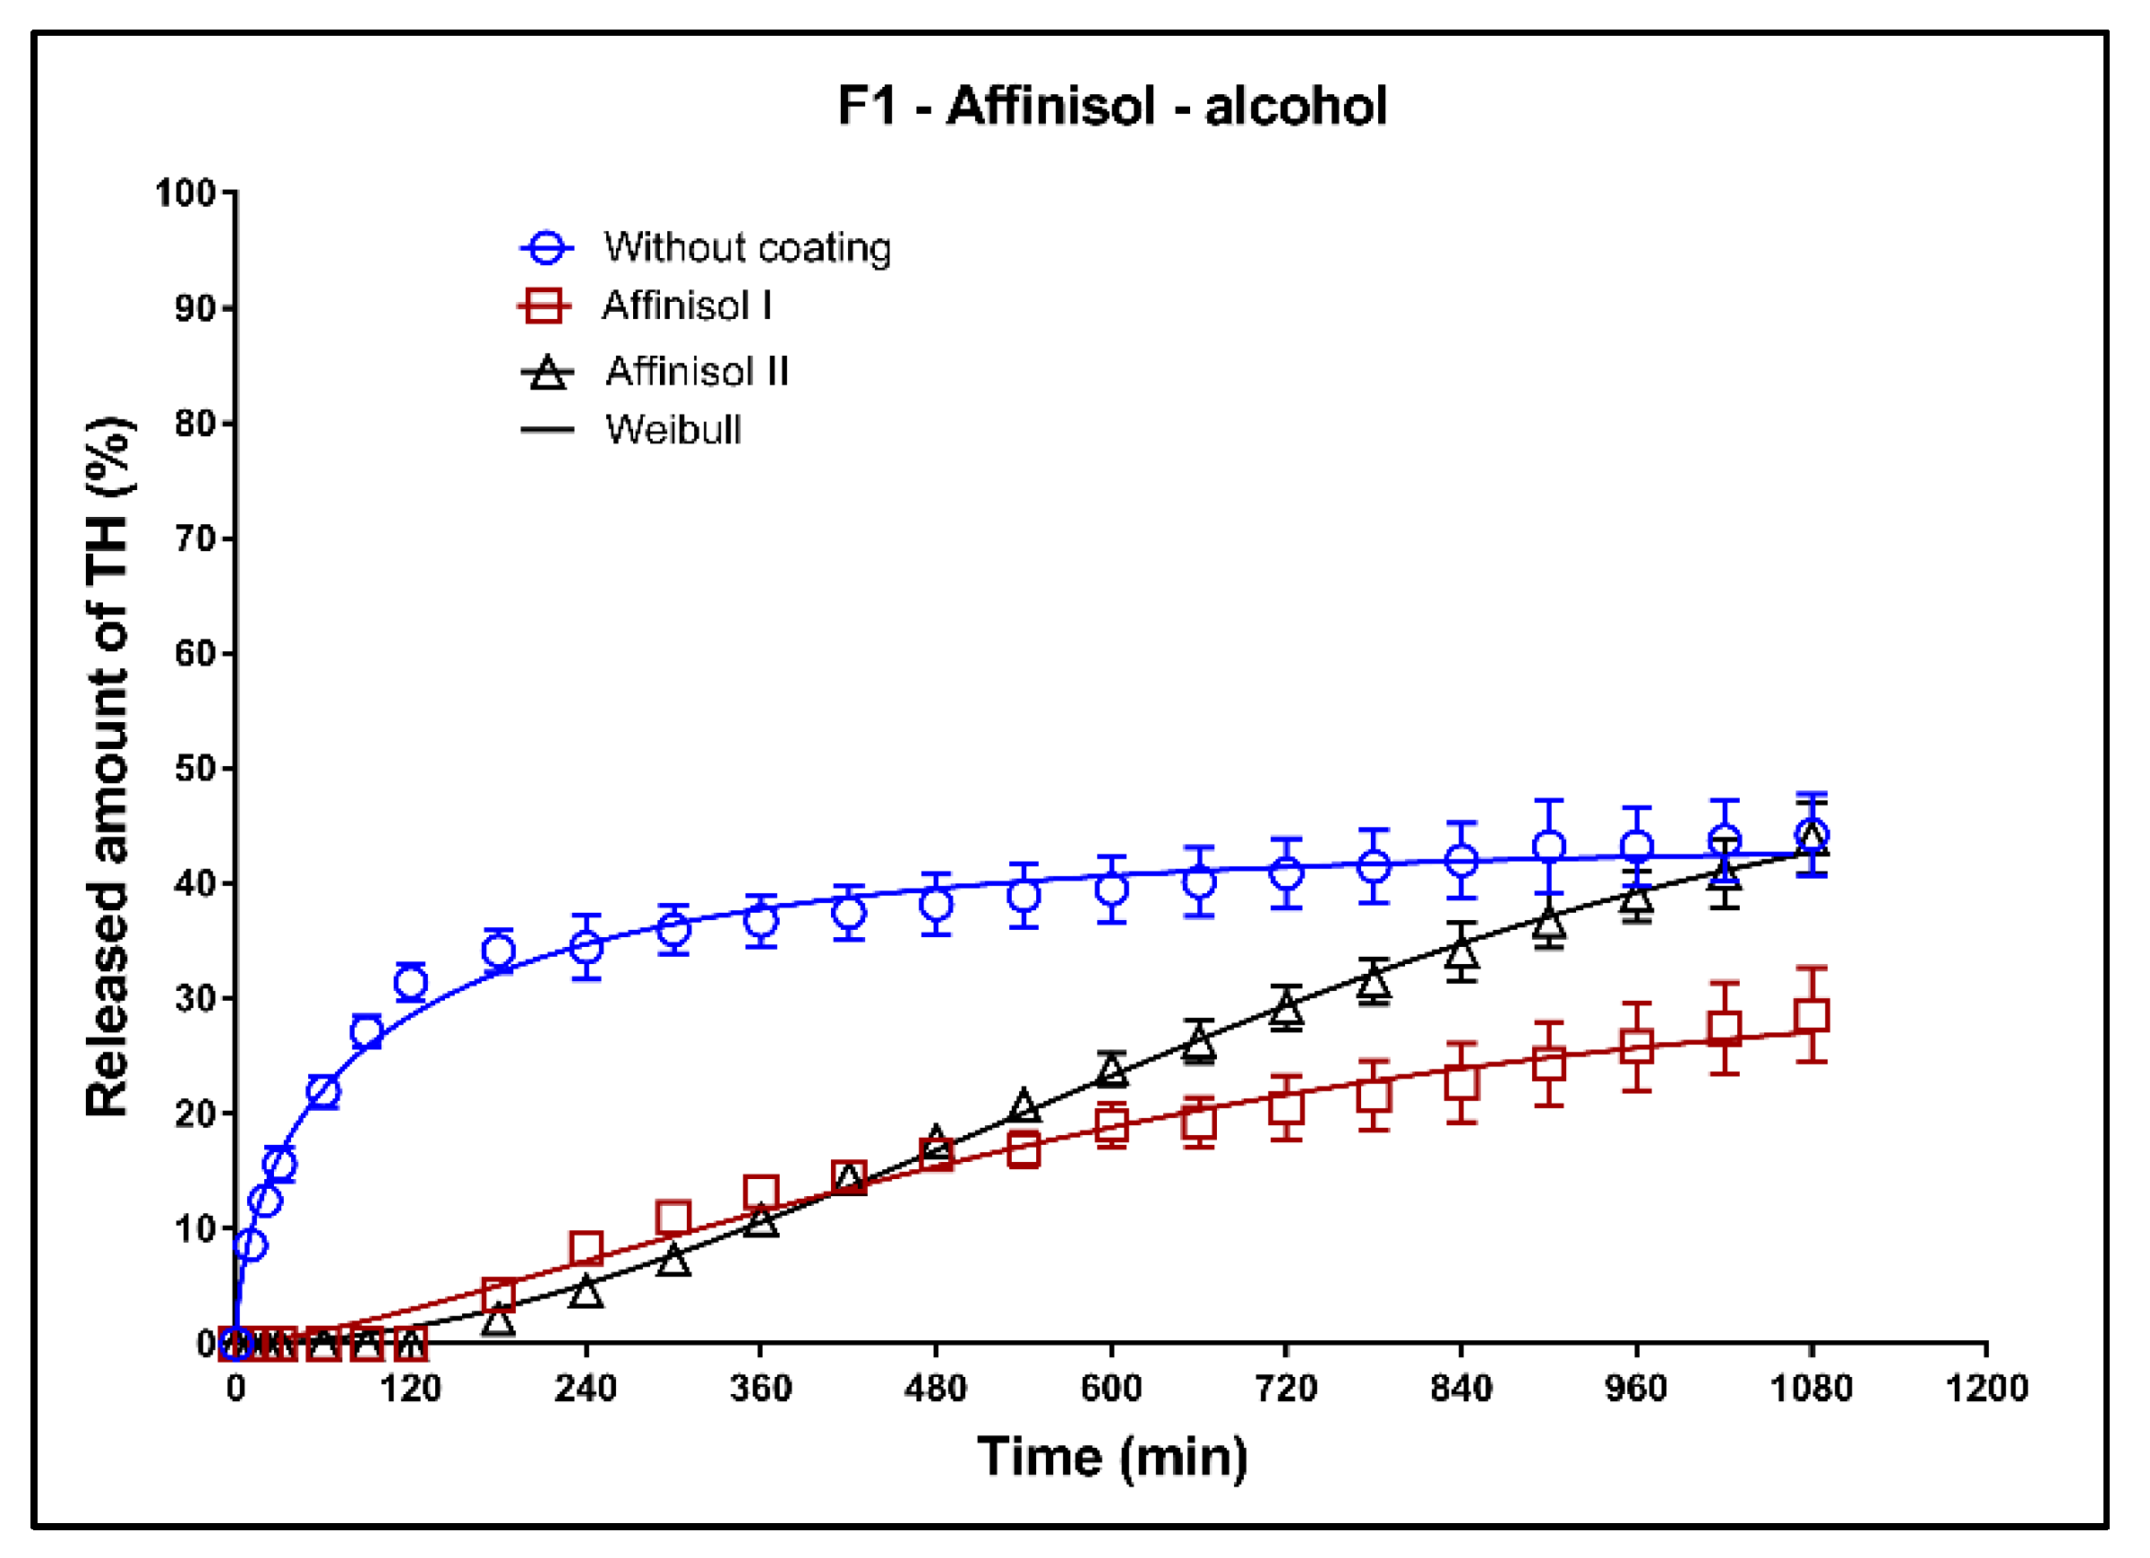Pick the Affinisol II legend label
697,371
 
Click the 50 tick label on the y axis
195,768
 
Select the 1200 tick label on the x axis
1986,1389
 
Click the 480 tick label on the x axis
935,1389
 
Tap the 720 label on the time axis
1286,1389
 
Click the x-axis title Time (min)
1111,1458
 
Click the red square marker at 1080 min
1812,1017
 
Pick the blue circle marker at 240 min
586,946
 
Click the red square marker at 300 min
673,1218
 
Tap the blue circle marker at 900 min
1548,847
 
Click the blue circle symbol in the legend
547,247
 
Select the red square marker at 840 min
1461,1082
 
